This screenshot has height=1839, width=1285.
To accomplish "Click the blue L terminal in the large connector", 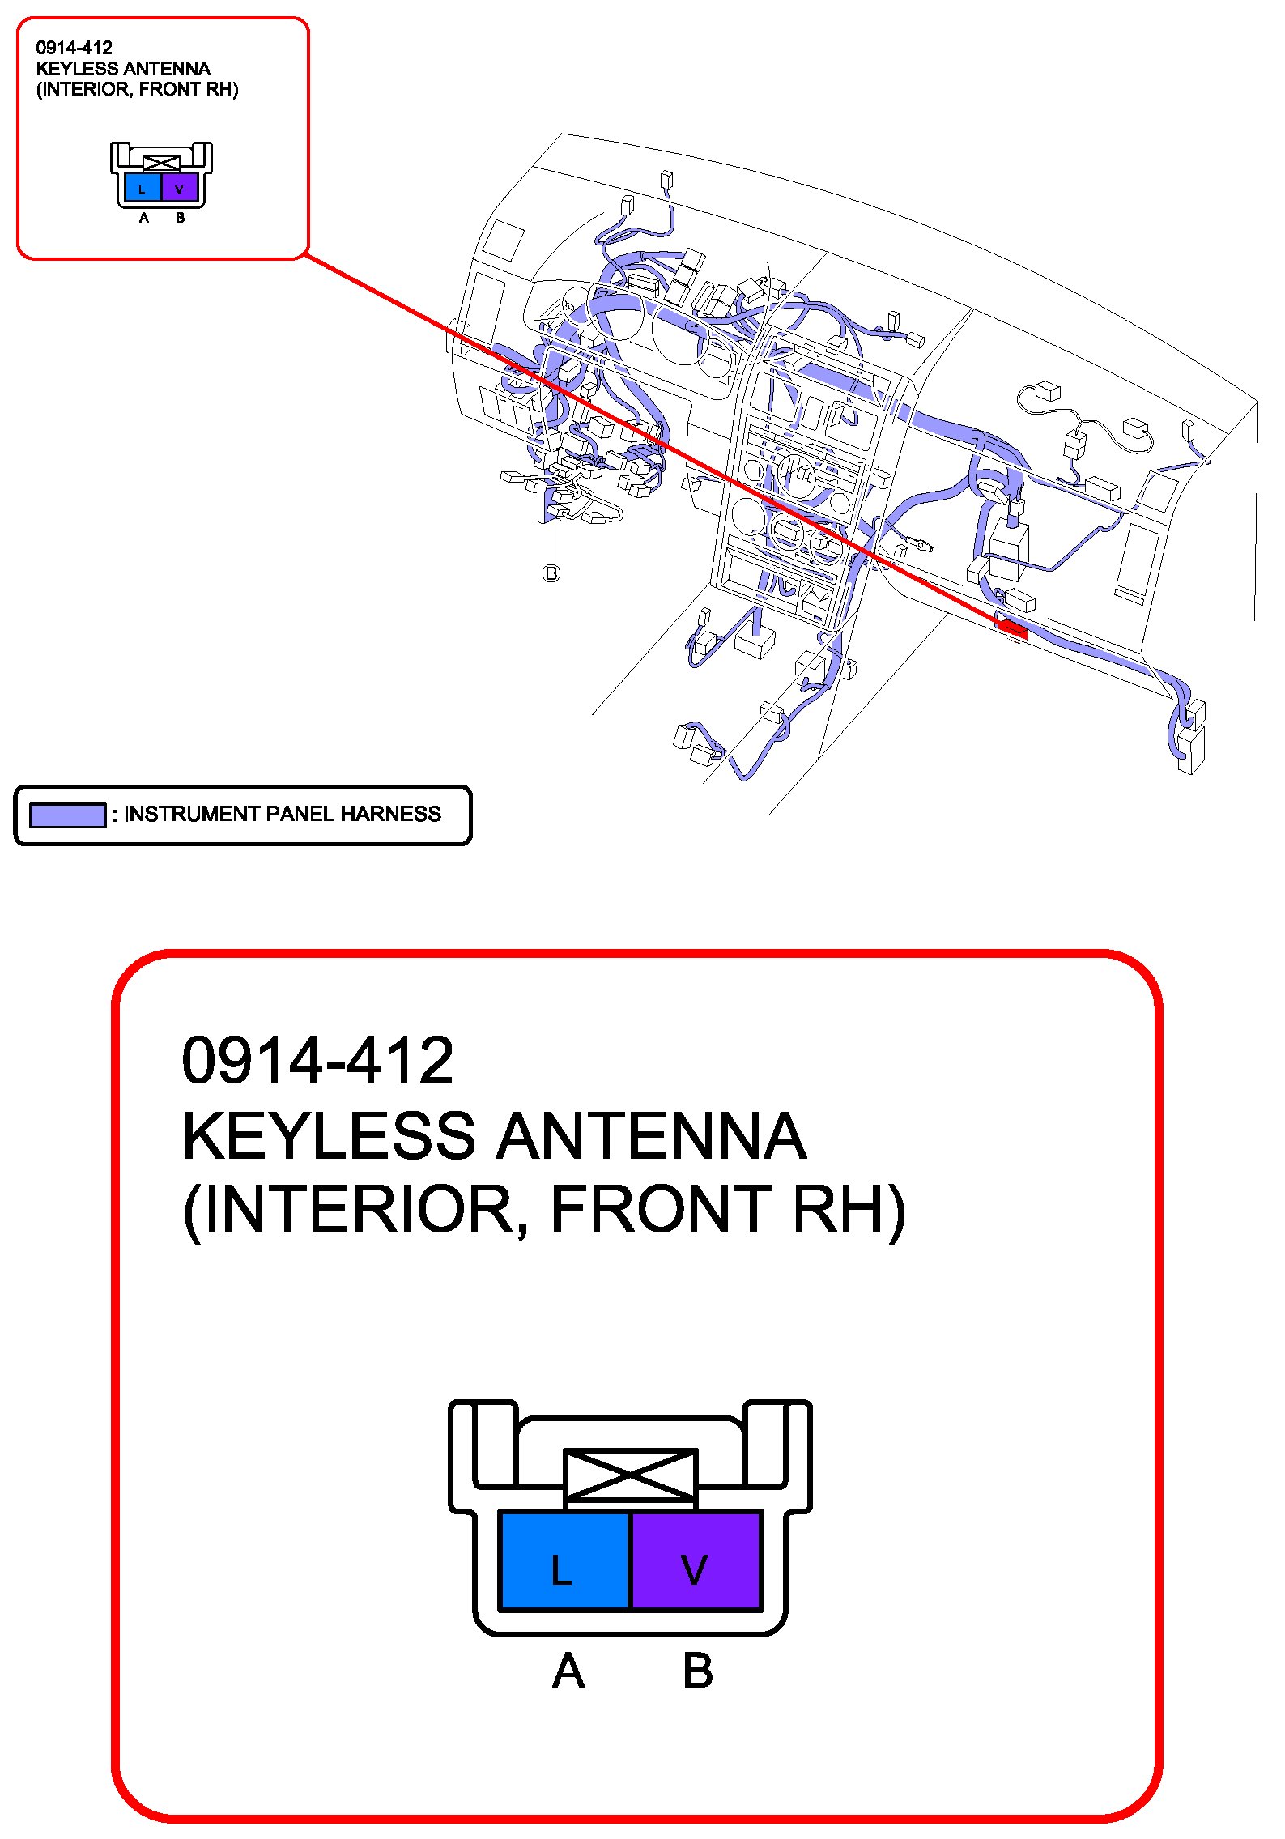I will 564,1560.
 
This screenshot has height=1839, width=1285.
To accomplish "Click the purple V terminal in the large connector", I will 696,1560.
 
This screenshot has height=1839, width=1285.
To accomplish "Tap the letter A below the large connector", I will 568,1671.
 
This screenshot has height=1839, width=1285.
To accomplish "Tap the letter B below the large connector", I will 697,1671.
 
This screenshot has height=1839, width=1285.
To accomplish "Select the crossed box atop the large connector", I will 630,1475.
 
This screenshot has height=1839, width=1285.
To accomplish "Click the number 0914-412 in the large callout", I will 317,1061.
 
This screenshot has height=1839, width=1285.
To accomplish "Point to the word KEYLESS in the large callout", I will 328,1135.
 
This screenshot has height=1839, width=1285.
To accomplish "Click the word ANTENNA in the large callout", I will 651,1135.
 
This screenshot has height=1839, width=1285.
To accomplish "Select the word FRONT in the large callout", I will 661,1209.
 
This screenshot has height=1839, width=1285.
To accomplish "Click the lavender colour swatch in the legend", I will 67,815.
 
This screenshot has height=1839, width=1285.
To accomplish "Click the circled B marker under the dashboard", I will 551,573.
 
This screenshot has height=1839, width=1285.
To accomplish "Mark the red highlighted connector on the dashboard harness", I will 1013,628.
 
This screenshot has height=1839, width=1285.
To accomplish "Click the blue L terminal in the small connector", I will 143,188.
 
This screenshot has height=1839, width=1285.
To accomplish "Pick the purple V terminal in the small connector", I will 180,188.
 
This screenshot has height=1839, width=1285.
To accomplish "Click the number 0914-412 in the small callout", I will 74,48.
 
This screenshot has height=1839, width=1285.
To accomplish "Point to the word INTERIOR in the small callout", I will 87,89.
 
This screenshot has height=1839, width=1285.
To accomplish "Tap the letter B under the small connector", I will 180,218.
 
